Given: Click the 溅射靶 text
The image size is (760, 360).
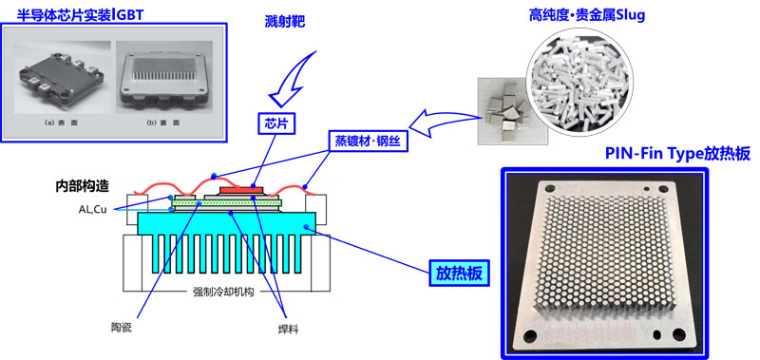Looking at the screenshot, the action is tap(286, 22).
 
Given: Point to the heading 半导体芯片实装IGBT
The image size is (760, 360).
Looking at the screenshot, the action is tap(81, 14).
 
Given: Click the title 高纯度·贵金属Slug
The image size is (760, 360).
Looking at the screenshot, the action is tap(587, 15).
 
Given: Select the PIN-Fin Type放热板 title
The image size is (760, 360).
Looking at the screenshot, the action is tap(677, 154).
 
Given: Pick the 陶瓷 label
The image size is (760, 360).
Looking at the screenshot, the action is tap(122, 328).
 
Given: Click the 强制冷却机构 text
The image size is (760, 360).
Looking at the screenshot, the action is tap(224, 293).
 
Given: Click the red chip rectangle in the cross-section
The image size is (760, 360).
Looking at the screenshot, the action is tap(241, 189).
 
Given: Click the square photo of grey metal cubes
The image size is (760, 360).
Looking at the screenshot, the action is tap(503, 111).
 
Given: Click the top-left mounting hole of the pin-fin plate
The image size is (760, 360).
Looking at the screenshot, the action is tap(549, 189).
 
